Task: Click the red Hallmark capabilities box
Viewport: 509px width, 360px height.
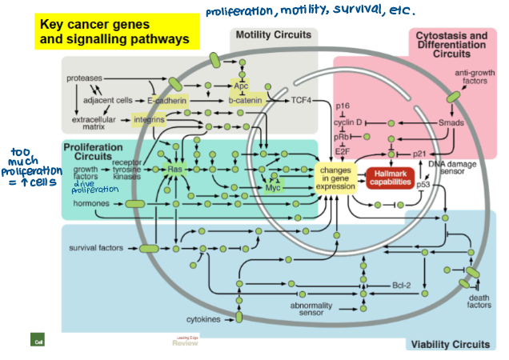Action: pyautogui.click(x=390, y=178)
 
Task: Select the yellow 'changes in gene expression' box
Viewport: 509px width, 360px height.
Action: pyautogui.click(x=335, y=178)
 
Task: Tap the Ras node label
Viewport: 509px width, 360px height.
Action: pyautogui.click(x=175, y=169)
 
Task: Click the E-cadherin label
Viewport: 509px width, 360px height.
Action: pyautogui.click(x=166, y=101)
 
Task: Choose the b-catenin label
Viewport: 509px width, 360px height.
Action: pyautogui.click(x=246, y=101)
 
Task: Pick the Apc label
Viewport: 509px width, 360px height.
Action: pyautogui.click(x=241, y=84)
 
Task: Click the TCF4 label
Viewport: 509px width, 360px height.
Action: pyautogui.click(x=300, y=101)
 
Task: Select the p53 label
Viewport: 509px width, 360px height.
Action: pyautogui.click(x=423, y=185)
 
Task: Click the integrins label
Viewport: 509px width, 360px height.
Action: pyautogui.click(x=149, y=120)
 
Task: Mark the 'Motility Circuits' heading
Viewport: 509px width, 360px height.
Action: pyautogui.click(x=274, y=35)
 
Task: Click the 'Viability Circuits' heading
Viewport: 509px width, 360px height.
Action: pyautogui.click(x=449, y=344)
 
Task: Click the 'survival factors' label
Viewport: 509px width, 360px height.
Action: pyautogui.click(x=95, y=248)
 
